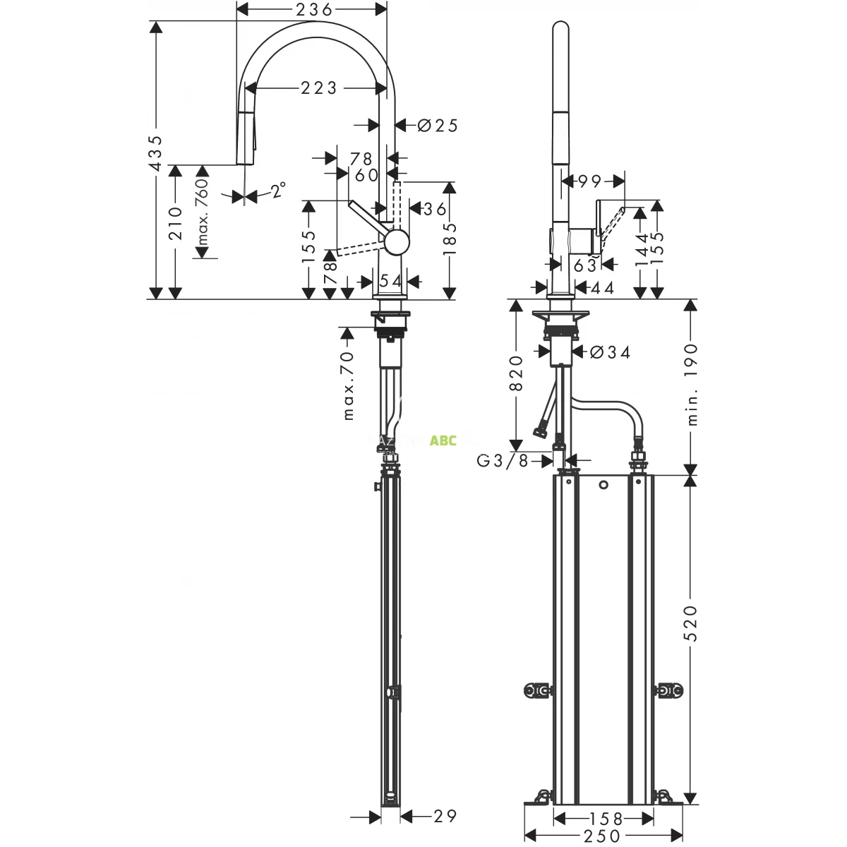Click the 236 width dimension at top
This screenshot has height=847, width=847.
(314, 9)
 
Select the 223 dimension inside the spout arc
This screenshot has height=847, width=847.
(319, 88)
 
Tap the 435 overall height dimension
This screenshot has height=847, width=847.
(156, 152)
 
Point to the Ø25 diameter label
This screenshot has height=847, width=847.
(438, 126)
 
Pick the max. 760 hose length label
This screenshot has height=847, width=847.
(202, 212)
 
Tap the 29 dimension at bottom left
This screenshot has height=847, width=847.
(444, 816)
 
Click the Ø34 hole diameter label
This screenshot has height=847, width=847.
(609, 352)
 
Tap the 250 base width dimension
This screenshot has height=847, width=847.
(602, 837)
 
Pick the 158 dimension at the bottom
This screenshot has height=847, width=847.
(606, 819)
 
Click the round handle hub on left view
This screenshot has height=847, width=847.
(397, 241)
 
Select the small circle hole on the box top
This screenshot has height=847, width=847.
(603, 485)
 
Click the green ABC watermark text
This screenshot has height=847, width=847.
(443, 440)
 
